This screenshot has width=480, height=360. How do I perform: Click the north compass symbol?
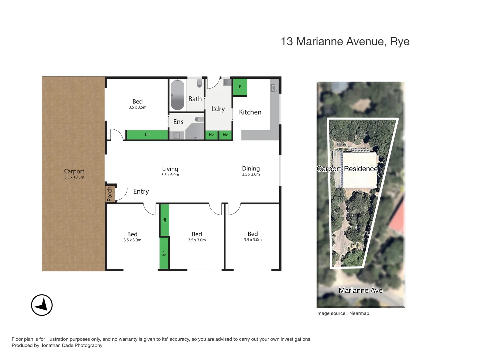click(42, 305)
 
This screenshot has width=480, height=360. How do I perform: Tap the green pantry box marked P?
click(240, 87)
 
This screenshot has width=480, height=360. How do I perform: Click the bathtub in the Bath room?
click(177, 95)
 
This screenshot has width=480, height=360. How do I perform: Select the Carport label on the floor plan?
click(74, 171)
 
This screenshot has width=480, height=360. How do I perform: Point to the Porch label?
click(110, 194)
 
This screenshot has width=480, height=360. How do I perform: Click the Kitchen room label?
click(250, 112)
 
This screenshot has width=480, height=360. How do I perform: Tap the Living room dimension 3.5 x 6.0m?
click(170, 175)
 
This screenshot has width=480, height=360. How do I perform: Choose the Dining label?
click(251, 169)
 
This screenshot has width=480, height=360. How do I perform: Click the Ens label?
click(178, 122)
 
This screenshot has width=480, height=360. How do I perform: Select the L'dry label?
click(218, 109)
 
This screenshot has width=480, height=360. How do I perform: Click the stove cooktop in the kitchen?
click(274, 88)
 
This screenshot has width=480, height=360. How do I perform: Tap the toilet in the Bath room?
click(199, 83)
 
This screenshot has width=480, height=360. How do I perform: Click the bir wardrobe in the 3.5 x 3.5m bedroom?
click(147, 135)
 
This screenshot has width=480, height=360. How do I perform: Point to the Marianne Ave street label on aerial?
click(360, 290)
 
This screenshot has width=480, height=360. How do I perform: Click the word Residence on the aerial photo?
click(361, 169)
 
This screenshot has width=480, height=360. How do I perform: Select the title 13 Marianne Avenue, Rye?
click(345, 41)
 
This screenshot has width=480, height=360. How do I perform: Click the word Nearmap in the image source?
click(359, 313)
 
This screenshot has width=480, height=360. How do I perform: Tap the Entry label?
click(141, 191)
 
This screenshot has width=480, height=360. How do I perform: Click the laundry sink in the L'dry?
click(227, 82)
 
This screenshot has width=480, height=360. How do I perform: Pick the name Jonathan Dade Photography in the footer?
click(71, 345)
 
